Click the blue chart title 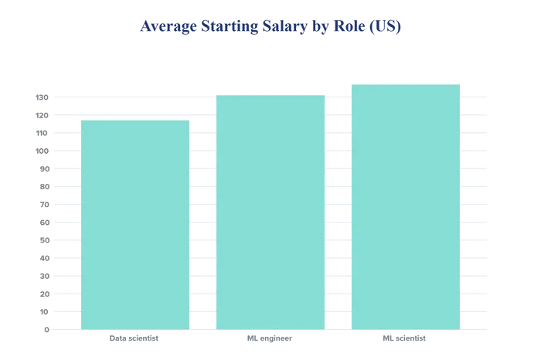[270, 29]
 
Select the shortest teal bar [134, 224]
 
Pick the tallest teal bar [406, 205]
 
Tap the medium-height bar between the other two [270, 212]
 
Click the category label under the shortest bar [133, 339]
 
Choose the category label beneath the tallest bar [404, 339]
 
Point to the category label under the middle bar [269, 339]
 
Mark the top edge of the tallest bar [406, 81]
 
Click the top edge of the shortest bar [134, 118]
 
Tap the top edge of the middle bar [270, 93]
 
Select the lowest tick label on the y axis [43, 331]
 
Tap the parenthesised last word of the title [392, 29]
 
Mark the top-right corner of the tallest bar [463, 81]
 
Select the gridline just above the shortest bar [134, 114]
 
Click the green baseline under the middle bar [270, 330]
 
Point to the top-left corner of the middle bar [214, 93]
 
